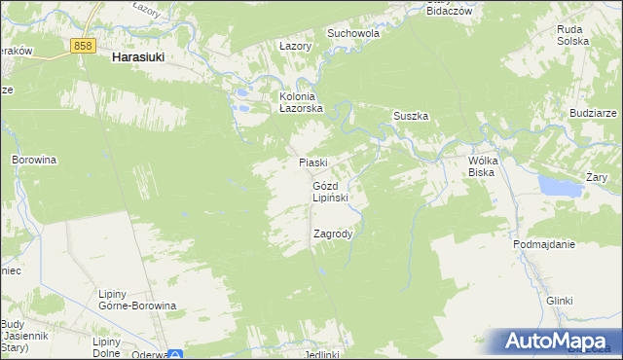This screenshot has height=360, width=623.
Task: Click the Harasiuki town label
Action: click(x=137, y=57)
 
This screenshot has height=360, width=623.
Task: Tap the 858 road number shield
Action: click(x=83, y=46)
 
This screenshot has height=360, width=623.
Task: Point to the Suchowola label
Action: click(x=353, y=32)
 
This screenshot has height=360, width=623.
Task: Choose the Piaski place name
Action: click(x=313, y=162)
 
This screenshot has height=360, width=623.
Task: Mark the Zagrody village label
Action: click(x=333, y=234)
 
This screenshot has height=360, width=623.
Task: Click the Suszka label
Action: click(x=411, y=116)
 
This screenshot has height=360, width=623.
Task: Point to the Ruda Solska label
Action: click(x=572, y=36)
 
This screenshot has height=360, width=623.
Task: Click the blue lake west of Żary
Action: click(x=556, y=186)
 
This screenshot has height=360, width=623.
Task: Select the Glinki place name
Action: click(x=559, y=302)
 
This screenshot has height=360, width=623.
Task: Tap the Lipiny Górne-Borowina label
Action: click(x=137, y=299)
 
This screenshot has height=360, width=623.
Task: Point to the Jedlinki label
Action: click(x=321, y=354)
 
